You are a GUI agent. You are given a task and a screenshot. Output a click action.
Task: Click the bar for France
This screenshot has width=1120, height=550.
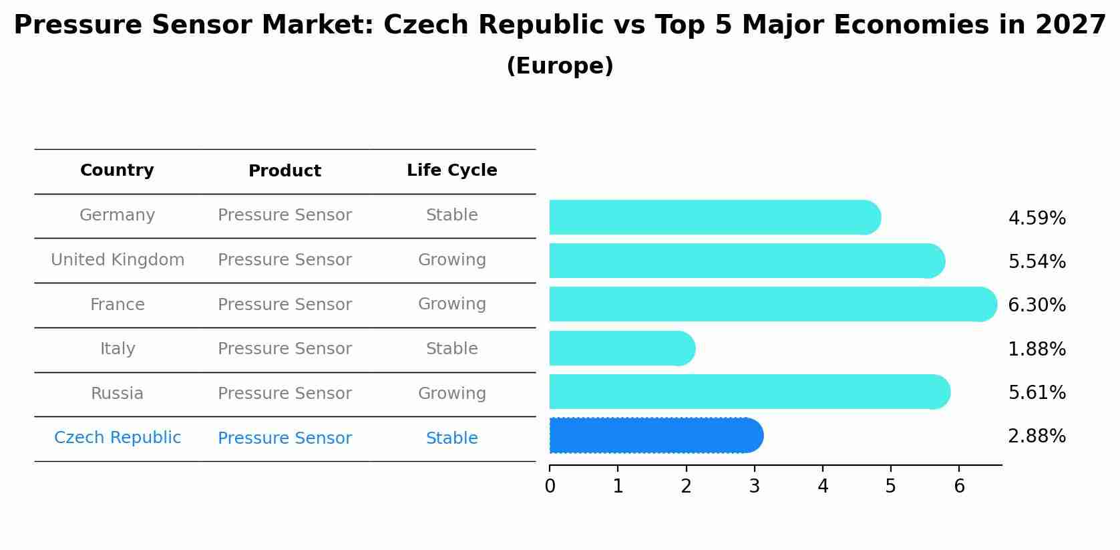(x=771, y=304)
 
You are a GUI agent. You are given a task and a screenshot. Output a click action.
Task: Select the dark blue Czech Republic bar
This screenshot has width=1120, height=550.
(x=655, y=436)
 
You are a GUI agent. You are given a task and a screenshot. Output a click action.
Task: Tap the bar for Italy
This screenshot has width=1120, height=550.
(x=621, y=348)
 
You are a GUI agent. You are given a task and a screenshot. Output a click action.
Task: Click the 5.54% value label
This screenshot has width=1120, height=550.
(x=1037, y=261)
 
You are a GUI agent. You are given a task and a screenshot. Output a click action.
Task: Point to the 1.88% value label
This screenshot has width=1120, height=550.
(x=1037, y=349)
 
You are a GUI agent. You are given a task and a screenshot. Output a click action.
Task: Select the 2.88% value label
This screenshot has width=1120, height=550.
(x=1037, y=436)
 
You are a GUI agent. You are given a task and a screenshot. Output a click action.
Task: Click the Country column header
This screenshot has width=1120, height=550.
(x=117, y=170)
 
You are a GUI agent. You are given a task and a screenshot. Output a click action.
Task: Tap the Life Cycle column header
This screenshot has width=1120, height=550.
(x=452, y=170)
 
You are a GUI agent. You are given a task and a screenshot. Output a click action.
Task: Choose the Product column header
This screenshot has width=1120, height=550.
(x=285, y=171)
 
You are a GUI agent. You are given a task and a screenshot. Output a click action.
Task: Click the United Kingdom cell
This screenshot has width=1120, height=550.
(x=118, y=260)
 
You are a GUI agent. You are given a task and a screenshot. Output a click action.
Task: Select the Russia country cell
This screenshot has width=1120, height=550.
(x=117, y=394)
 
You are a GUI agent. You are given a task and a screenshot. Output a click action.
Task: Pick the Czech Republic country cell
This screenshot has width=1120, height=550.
(x=118, y=438)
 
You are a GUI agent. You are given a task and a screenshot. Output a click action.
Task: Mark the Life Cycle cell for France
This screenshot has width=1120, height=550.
(x=452, y=304)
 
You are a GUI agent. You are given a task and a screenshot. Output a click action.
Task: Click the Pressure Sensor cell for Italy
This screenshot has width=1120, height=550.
(x=285, y=349)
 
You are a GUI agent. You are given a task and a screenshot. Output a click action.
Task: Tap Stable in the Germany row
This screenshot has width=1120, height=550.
(x=452, y=215)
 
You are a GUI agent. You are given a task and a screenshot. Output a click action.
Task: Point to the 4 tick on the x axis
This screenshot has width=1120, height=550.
(x=823, y=486)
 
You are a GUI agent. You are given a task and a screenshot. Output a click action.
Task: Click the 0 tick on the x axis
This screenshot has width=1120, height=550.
(x=550, y=486)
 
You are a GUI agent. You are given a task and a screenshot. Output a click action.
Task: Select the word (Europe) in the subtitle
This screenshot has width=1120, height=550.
(x=560, y=66)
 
